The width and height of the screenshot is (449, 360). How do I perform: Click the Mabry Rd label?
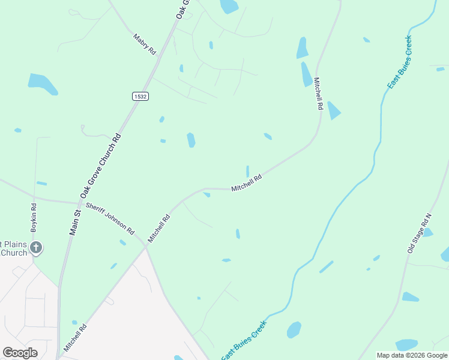[x=144, y=43]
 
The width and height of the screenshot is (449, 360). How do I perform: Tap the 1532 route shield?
[x=140, y=96]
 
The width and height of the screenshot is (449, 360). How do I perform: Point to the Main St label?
[x=76, y=221]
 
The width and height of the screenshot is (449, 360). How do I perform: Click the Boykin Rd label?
[x=34, y=218]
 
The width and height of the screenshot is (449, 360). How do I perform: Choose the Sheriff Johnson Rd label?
[x=110, y=218]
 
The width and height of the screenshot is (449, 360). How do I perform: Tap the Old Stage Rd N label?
[x=420, y=232]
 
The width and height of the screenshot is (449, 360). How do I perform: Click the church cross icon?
[x=36, y=247]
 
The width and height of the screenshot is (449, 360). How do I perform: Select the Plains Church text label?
[x=13, y=248]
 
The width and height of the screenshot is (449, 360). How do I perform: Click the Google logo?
[x=20, y=352]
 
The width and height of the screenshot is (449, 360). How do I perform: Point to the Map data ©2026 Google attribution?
[x=412, y=355]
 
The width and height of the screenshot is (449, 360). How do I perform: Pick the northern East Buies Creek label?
[x=399, y=62]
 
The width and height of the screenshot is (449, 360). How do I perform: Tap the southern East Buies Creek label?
[x=244, y=340]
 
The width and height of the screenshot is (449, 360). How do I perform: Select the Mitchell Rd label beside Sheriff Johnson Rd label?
[x=159, y=228]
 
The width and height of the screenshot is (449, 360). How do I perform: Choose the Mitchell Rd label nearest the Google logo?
[x=75, y=338]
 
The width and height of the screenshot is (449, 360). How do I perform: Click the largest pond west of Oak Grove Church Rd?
[x=43, y=83]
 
